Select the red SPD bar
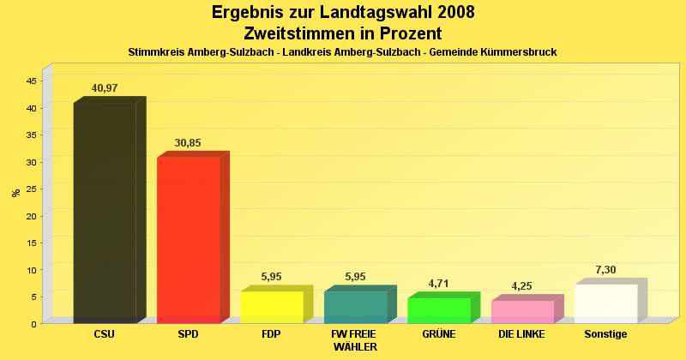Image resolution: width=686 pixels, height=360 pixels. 188,239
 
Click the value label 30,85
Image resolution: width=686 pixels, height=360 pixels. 188,143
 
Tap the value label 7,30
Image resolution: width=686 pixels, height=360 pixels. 605,270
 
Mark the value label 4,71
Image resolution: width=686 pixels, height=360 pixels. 438,284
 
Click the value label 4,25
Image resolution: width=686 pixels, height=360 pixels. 522,286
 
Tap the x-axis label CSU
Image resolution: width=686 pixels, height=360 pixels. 104,334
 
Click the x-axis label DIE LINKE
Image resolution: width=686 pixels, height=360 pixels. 521,334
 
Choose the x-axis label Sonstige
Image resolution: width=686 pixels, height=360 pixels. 605,334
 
